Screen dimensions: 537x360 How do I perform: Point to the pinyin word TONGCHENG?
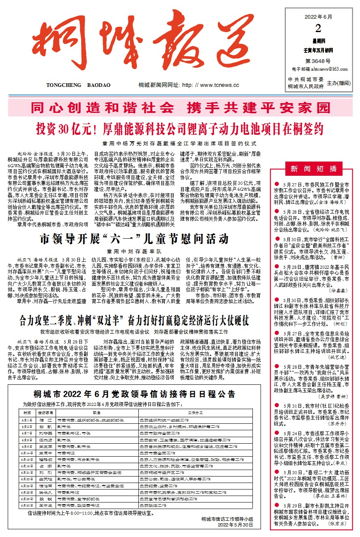pyautogui.click(x=63, y=85)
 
